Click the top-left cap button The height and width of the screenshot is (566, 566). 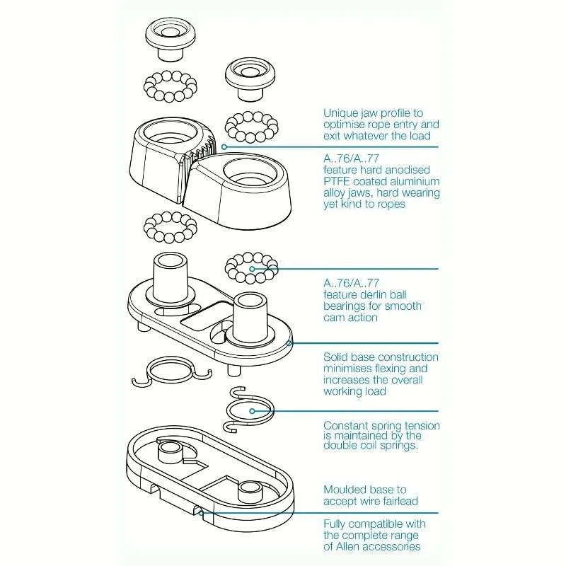pos(171,39)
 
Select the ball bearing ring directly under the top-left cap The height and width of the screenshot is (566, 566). pos(171,86)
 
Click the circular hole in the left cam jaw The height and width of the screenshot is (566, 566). pos(168,132)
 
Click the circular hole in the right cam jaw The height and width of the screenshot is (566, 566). pos(250,172)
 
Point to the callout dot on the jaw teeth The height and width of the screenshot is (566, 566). pos(224,147)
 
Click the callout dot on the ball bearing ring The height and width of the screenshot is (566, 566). pos(253,269)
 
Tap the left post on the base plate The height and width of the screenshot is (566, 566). pos(171,277)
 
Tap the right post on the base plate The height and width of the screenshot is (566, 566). pos(250,317)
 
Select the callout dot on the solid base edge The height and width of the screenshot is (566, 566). pos(289,343)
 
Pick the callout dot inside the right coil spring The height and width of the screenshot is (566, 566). pos(253,411)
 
